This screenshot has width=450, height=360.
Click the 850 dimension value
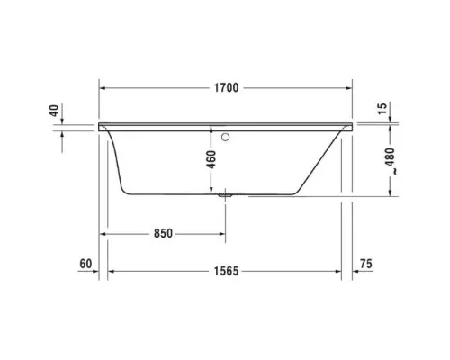tap(162, 232)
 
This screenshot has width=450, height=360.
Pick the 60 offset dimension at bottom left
tap(86, 264)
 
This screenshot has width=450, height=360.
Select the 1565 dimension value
tap(226, 270)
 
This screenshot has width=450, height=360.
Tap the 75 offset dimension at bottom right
tap(365, 264)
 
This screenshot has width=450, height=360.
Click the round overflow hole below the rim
tap(226, 139)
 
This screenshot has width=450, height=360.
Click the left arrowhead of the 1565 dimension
tap(112, 270)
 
